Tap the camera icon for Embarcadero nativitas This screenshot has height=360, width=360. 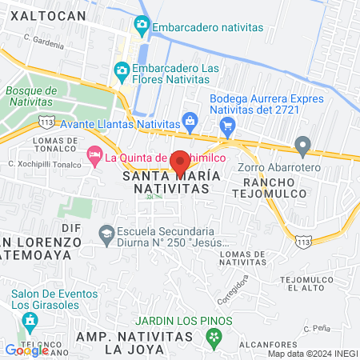[142, 26]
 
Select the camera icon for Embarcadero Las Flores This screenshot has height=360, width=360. [122, 71]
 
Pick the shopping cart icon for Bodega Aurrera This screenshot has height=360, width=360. [227, 126]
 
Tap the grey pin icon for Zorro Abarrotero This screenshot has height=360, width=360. [302, 146]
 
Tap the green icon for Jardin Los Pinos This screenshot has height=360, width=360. [214, 340]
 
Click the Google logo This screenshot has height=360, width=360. [26, 350]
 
